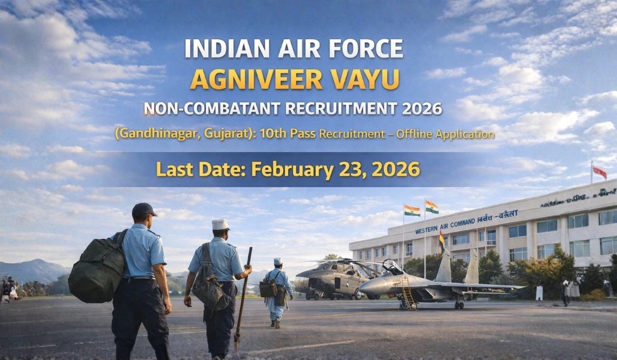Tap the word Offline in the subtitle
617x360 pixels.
point(411,134)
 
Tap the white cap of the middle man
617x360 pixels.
point(221,224)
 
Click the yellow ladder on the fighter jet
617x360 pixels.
point(408,293)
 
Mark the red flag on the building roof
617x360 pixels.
point(600,172)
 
